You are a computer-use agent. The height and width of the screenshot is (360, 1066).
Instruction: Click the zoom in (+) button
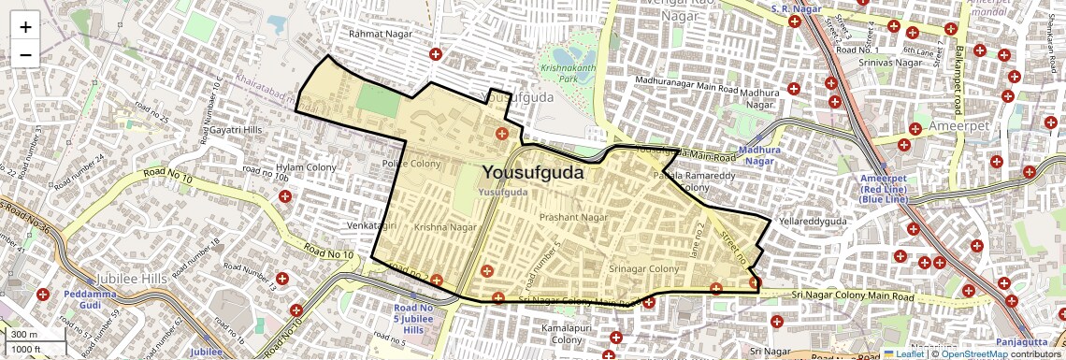tap(25, 26)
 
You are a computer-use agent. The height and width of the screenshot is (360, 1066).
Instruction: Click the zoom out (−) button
tap(25, 54)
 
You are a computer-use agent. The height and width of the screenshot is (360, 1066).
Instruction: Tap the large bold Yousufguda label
tap(533, 172)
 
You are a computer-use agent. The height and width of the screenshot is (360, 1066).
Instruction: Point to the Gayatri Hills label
tap(240, 128)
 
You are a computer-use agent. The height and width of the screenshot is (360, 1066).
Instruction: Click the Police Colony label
tap(411, 164)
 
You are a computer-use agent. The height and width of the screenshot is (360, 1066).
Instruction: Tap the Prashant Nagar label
tap(574, 217)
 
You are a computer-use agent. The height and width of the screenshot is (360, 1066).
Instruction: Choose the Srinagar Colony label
tap(644, 268)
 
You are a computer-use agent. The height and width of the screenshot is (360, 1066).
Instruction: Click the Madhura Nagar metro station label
tap(758, 155)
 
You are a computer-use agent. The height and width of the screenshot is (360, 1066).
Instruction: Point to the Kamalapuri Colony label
tap(567, 335)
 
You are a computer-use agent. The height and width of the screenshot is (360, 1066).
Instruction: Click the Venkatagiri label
tap(373, 225)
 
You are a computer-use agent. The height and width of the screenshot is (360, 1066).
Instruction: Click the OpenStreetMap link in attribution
tap(974, 353)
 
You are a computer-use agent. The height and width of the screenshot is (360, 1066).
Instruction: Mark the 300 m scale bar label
tap(24, 334)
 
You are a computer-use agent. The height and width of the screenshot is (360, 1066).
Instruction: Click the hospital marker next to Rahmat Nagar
tap(435, 55)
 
